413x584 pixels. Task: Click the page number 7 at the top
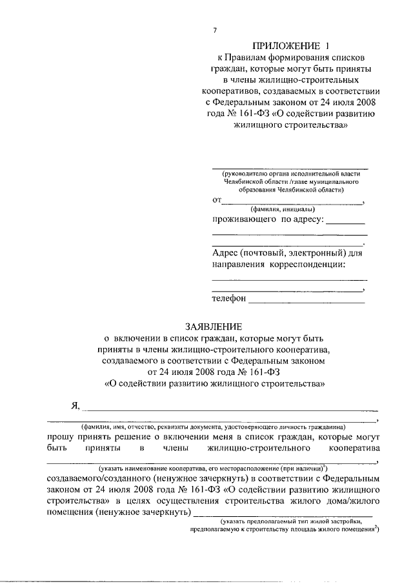216,30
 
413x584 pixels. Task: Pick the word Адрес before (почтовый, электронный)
226,253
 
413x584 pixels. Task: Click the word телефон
229,299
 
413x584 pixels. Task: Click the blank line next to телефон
307,300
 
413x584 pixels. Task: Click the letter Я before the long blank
75,405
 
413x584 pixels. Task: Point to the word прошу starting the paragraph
62,436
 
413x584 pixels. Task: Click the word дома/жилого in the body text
350,501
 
